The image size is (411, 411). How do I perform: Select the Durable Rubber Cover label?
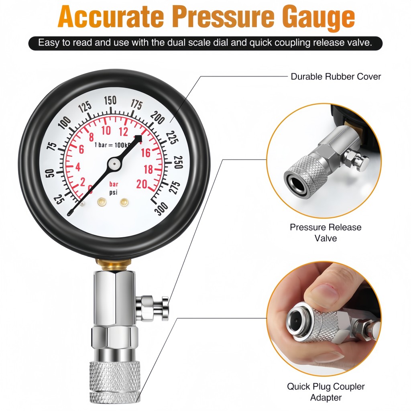(x=336, y=77)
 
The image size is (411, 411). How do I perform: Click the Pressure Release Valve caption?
(x=326, y=232)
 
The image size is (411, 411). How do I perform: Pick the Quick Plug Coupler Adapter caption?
(x=326, y=392)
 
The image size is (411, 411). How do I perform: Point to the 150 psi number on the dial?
(x=110, y=100)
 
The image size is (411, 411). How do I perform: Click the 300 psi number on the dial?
(x=161, y=209)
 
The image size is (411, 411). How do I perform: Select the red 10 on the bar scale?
(x=106, y=130)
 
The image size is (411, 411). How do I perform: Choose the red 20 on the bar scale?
(x=142, y=184)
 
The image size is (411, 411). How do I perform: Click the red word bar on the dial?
(x=114, y=184)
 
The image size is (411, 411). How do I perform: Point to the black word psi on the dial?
(x=113, y=193)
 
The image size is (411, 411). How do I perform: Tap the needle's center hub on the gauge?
(x=114, y=164)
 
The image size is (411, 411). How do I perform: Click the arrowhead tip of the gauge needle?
(x=142, y=136)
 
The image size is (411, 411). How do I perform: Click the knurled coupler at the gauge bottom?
(x=114, y=382)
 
